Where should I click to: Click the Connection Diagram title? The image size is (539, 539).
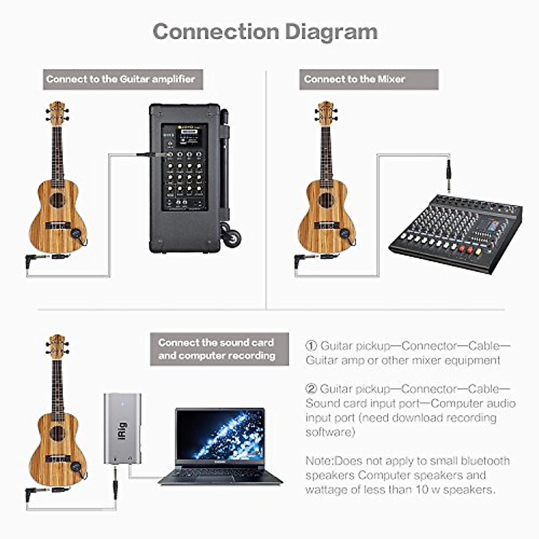(x=265, y=32)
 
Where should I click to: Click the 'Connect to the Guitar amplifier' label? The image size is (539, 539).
(x=123, y=80)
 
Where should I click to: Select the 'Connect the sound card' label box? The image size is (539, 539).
(x=219, y=349)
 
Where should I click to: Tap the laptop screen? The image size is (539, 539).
(x=220, y=434)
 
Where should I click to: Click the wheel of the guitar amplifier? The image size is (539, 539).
(x=232, y=238)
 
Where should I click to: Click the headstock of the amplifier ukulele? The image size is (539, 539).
(x=57, y=114)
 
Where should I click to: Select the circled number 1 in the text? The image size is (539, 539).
(x=311, y=346)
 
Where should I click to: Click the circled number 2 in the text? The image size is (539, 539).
(x=311, y=389)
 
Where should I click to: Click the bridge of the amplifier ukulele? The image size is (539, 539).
(x=58, y=225)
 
